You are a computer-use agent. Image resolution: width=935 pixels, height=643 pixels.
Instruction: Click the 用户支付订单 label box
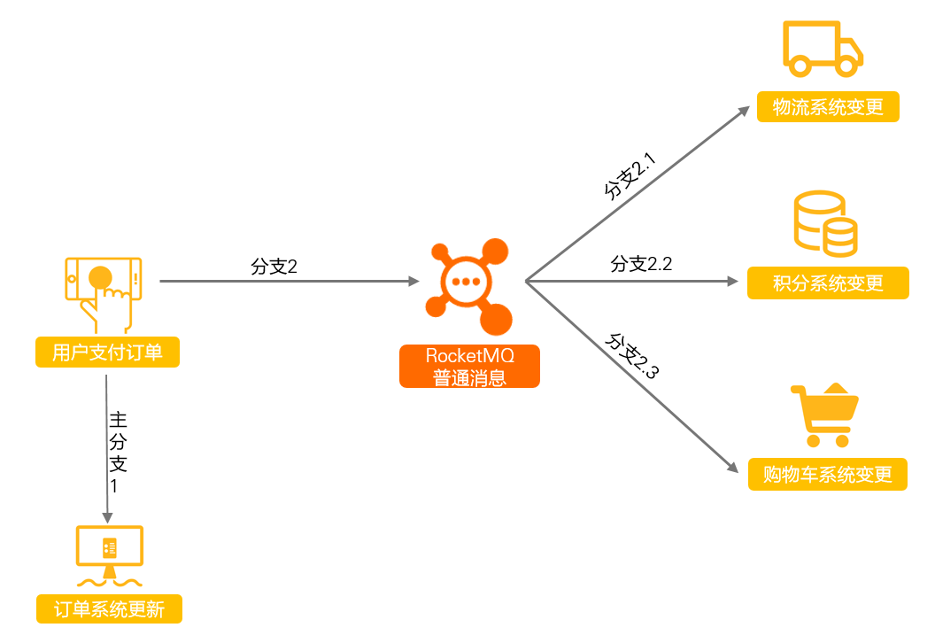point(107,352)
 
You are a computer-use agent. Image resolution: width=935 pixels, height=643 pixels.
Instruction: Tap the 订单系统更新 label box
point(109,609)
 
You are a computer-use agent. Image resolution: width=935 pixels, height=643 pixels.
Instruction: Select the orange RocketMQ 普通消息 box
point(469,367)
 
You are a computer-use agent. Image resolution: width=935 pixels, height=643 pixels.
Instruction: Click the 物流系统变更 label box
point(828,107)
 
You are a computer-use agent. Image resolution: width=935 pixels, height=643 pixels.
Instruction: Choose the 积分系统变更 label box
point(828,283)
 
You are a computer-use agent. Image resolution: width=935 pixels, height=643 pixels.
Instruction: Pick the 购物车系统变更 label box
point(828,474)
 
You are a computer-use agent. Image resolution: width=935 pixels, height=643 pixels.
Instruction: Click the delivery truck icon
point(823,49)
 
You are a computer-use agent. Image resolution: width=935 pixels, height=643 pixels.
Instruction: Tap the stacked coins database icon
point(826,224)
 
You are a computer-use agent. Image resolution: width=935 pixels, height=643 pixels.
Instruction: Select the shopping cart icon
point(825,415)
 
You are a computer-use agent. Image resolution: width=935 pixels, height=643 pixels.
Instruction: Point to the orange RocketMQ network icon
point(468,286)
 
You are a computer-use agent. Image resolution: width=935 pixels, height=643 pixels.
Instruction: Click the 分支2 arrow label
point(274,266)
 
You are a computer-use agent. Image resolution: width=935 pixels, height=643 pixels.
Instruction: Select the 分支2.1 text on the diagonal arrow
point(630,176)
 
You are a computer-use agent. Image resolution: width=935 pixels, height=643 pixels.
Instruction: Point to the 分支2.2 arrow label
point(641,264)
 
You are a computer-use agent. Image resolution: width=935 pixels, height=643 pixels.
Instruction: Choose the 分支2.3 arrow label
point(632,356)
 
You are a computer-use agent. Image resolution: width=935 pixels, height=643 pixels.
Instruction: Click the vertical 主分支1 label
point(118,453)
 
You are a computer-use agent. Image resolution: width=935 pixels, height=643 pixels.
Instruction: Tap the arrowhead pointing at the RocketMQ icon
point(413,281)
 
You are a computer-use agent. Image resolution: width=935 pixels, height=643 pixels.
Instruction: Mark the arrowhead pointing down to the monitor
point(107,517)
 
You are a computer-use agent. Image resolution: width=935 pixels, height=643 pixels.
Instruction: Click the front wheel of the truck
point(846,65)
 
